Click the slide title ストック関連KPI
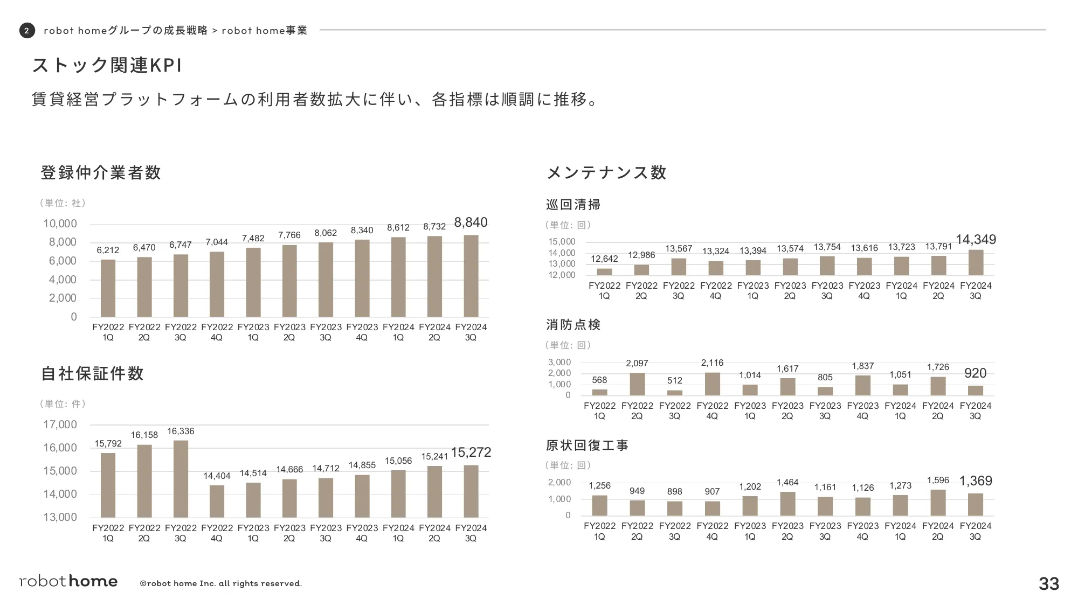107,65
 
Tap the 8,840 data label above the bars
471,222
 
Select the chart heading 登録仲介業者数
101,172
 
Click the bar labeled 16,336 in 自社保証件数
181,479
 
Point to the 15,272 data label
471,452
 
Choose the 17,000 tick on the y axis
60,424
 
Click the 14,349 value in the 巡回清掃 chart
976,240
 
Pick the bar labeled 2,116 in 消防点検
712,384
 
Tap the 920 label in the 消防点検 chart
975,373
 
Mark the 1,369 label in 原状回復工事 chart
975,481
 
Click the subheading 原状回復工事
587,445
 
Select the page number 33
1048,583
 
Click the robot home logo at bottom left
68,581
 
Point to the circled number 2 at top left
27,31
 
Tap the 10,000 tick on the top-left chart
60,224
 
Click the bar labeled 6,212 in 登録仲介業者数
108,288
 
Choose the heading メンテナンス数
606,172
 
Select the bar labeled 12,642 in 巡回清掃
604,271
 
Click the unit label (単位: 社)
63,203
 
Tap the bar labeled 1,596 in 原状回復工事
938,503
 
